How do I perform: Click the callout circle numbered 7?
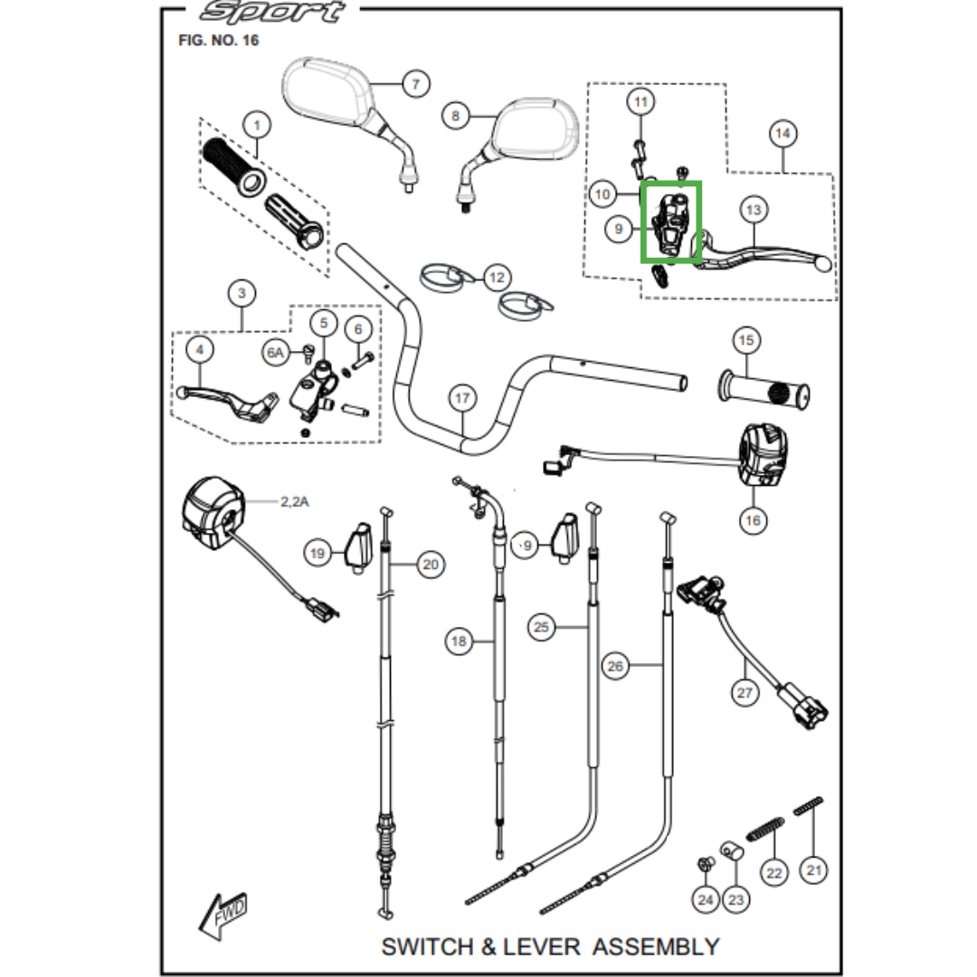[416, 83]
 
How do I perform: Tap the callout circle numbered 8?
[455, 116]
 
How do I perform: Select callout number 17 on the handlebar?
[461, 398]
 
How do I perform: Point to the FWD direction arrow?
[223, 915]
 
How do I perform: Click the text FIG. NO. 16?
[218, 41]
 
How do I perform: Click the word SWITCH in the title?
[427, 946]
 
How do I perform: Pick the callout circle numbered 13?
[754, 210]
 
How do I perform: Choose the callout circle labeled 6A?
[275, 354]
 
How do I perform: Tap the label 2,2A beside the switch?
[294, 501]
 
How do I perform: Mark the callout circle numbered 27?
[745, 692]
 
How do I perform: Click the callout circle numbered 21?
[814, 870]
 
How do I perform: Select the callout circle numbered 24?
[706, 900]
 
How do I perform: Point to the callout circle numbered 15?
[746, 340]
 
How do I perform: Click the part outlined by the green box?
[671, 223]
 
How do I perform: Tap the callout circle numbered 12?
[497, 278]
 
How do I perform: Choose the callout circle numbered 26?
[615, 666]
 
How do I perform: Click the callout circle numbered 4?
[199, 349]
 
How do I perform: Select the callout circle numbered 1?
[257, 125]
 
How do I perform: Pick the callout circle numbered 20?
[431, 564]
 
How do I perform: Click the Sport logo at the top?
[273, 12]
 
